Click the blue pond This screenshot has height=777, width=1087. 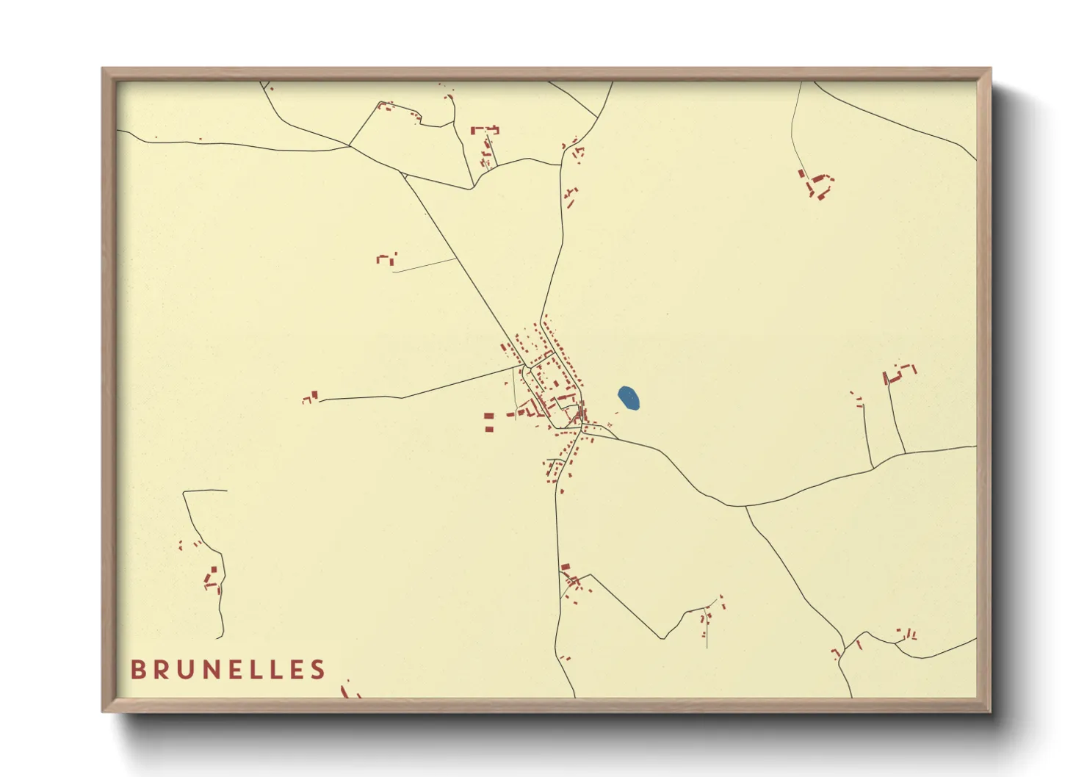(x=629, y=398)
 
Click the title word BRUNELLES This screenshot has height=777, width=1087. (x=228, y=670)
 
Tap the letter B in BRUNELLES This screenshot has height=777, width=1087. (x=137, y=670)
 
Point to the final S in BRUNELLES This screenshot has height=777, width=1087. (x=318, y=670)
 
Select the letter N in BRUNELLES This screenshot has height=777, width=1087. (x=206, y=670)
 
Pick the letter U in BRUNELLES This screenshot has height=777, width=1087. (x=183, y=670)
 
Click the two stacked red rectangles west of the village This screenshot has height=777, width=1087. (x=488, y=422)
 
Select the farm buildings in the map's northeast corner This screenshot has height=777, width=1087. (x=817, y=184)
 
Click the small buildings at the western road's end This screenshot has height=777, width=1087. (x=311, y=398)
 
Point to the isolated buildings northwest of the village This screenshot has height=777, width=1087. (x=386, y=259)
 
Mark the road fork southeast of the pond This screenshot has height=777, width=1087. (x=746, y=507)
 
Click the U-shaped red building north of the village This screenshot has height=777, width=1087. (x=485, y=131)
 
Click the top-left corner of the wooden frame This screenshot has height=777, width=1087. (x=104, y=69)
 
